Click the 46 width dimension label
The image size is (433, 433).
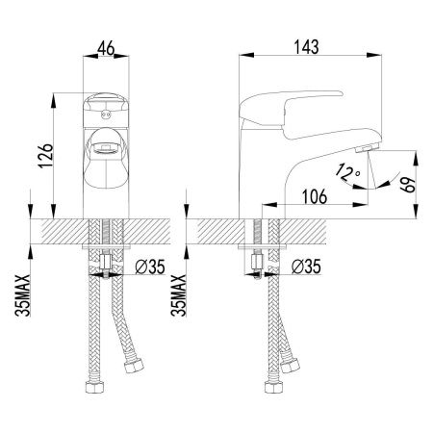coord(106,48)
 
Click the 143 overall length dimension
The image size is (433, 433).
coord(307,47)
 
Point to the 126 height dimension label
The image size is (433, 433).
coord(45,156)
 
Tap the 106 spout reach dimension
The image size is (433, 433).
coord(315,196)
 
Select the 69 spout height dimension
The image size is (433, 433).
coord(408,185)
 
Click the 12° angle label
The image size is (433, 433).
coord(347,172)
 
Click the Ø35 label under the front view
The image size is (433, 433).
coord(150,267)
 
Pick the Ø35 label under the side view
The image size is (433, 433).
coord(306,267)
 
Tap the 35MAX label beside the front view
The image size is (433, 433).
coord(23,295)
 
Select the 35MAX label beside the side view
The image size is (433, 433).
coord(178,295)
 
